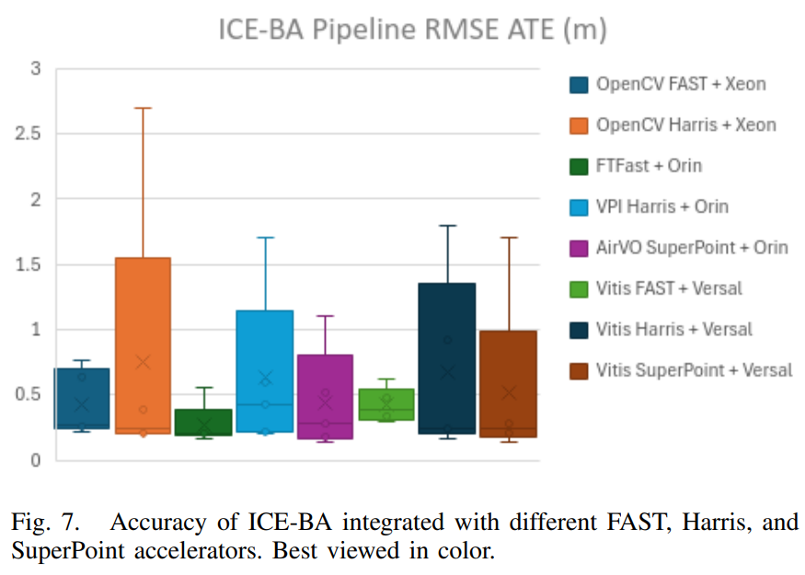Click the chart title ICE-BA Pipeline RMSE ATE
click(411, 29)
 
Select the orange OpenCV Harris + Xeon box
click(143, 313)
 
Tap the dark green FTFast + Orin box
click(203, 422)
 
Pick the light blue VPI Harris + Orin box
click(264, 350)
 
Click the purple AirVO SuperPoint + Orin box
click(325, 386)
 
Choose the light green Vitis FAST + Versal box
click(385, 405)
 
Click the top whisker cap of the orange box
click(143, 108)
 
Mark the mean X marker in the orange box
click(143, 362)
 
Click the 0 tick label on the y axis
click(34, 460)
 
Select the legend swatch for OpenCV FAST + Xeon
click(579, 85)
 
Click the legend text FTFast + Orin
click(649, 166)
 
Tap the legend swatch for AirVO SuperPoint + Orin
click(579, 247)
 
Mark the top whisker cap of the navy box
click(446, 225)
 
